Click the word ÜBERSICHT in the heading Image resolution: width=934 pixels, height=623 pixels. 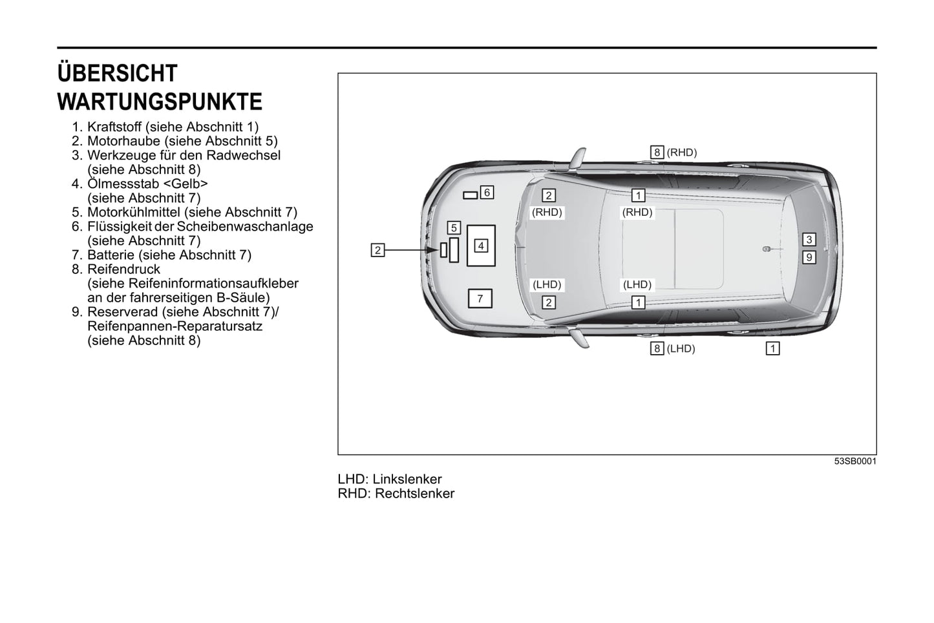click(x=117, y=73)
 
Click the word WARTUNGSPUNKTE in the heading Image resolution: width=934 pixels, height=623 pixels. click(x=160, y=102)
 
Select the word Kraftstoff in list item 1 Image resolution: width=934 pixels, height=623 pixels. click(x=116, y=127)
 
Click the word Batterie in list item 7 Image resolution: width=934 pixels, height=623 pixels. click(x=111, y=255)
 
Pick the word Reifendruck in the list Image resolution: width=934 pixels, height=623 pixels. click(x=123, y=269)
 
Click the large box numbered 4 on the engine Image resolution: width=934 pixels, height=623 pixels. click(x=481, y=246)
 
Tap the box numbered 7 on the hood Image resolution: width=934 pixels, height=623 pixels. click(x=480, y=299)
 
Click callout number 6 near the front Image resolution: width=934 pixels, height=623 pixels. click(x=487, y=192)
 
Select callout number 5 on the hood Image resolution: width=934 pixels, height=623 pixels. click(x=454, y=227)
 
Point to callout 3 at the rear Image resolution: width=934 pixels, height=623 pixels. click(x=809, y=240)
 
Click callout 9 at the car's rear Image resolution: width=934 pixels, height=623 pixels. click(x=809, y=257)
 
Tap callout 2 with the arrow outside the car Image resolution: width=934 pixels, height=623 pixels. click(x=377, y=249)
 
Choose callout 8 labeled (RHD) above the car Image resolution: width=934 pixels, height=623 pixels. click(x=657, y=153)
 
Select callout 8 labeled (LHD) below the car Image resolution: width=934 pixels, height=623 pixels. click(x=657, y=349)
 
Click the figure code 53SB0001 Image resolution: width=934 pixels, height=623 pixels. click(x=855, y=461)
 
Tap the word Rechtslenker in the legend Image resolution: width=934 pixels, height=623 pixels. click(x=414, y=494)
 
